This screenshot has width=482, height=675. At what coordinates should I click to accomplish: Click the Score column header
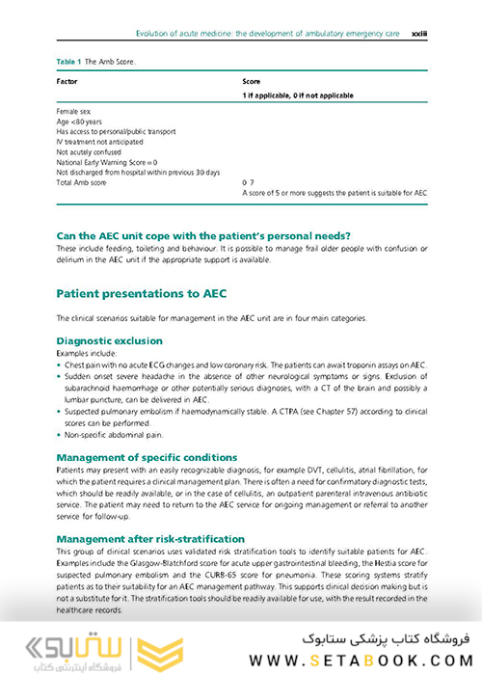251,82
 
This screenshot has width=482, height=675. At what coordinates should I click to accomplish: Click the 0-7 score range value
248,182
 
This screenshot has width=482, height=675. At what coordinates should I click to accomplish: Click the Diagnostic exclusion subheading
109,340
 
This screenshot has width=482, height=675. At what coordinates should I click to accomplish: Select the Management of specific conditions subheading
147,456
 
